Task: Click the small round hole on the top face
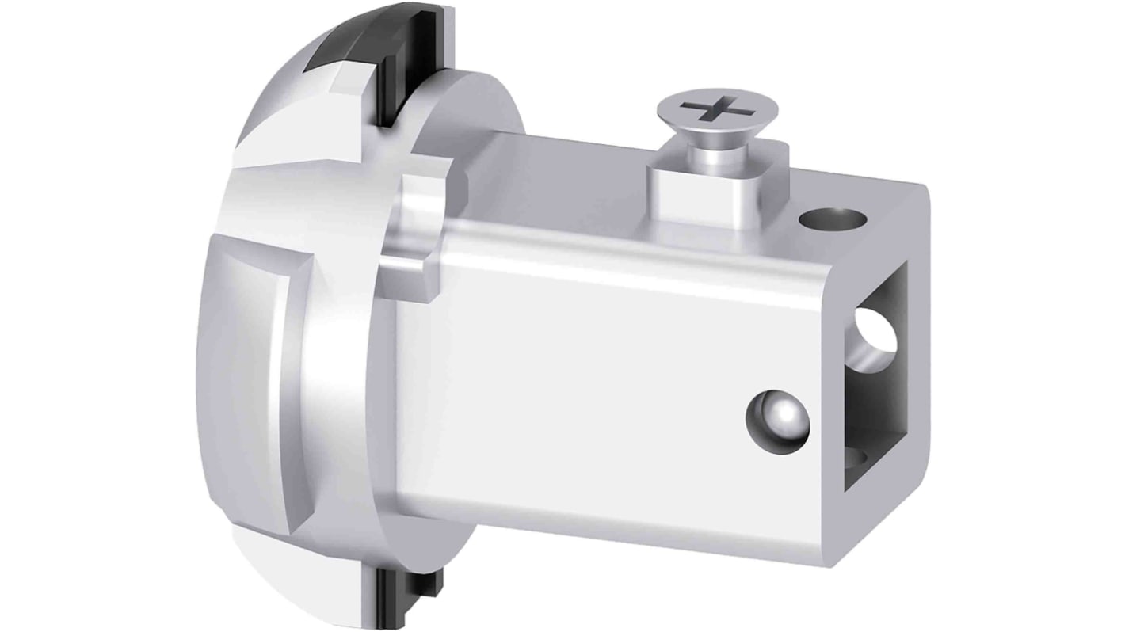tap(831, 215)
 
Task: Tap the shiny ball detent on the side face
tap(779, 417)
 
